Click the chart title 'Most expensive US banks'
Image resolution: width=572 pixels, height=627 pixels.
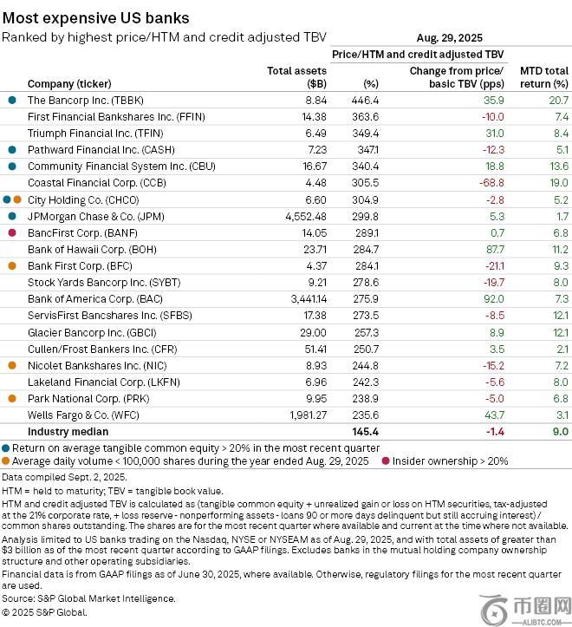[x=95, y=17]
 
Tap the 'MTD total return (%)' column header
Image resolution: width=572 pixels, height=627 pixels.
[x=543, y=77]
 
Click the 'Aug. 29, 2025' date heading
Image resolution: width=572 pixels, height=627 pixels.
[x=449, y=38]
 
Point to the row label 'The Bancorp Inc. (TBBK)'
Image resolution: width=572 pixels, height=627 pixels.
[x=85, y=101]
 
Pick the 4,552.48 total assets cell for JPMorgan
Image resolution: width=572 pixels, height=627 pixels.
[x=303, y=216]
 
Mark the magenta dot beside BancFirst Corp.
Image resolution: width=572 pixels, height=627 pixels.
[x=11, y=232]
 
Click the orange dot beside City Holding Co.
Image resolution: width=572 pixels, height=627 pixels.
[x=17, y=199]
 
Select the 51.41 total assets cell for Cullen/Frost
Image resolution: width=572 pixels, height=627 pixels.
[x=311, y=348]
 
